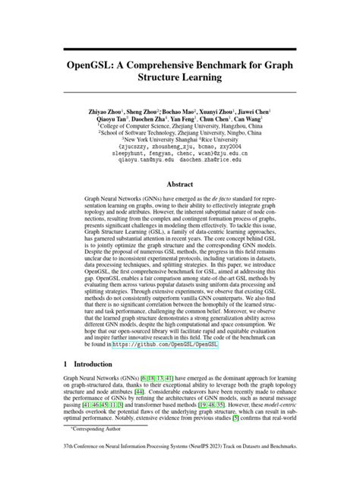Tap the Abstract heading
[180, 183]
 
